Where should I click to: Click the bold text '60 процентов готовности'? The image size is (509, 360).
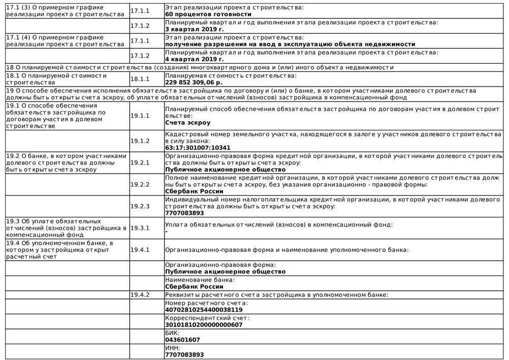[x=208, y=14]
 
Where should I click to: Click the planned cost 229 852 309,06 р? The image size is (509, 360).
[x=194, y=82]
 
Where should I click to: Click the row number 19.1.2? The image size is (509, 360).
[x=140, y=141]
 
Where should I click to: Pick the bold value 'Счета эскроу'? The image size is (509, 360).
[x=188, y=123]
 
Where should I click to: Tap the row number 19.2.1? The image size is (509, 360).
[x=140, y=162]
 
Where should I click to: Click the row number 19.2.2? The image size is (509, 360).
[x=140, y=184]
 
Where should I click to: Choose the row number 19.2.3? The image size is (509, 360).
[x=140, y=206]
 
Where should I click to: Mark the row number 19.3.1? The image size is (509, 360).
[x=140, y=228]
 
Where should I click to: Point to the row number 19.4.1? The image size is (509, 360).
[x=140, y=250]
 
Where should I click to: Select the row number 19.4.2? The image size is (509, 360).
[x=140, y=295]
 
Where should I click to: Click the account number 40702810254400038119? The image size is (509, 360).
[x=204, y=310]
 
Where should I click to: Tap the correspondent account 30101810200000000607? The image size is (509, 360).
[x=204, y=325]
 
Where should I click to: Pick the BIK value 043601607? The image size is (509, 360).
[x=183, y=340]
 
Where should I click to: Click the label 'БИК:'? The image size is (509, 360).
[x=173, y=333]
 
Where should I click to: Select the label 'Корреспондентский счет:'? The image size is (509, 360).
[x=208, y=318]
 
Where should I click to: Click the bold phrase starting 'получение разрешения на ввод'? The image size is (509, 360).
[x=290, y=44]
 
